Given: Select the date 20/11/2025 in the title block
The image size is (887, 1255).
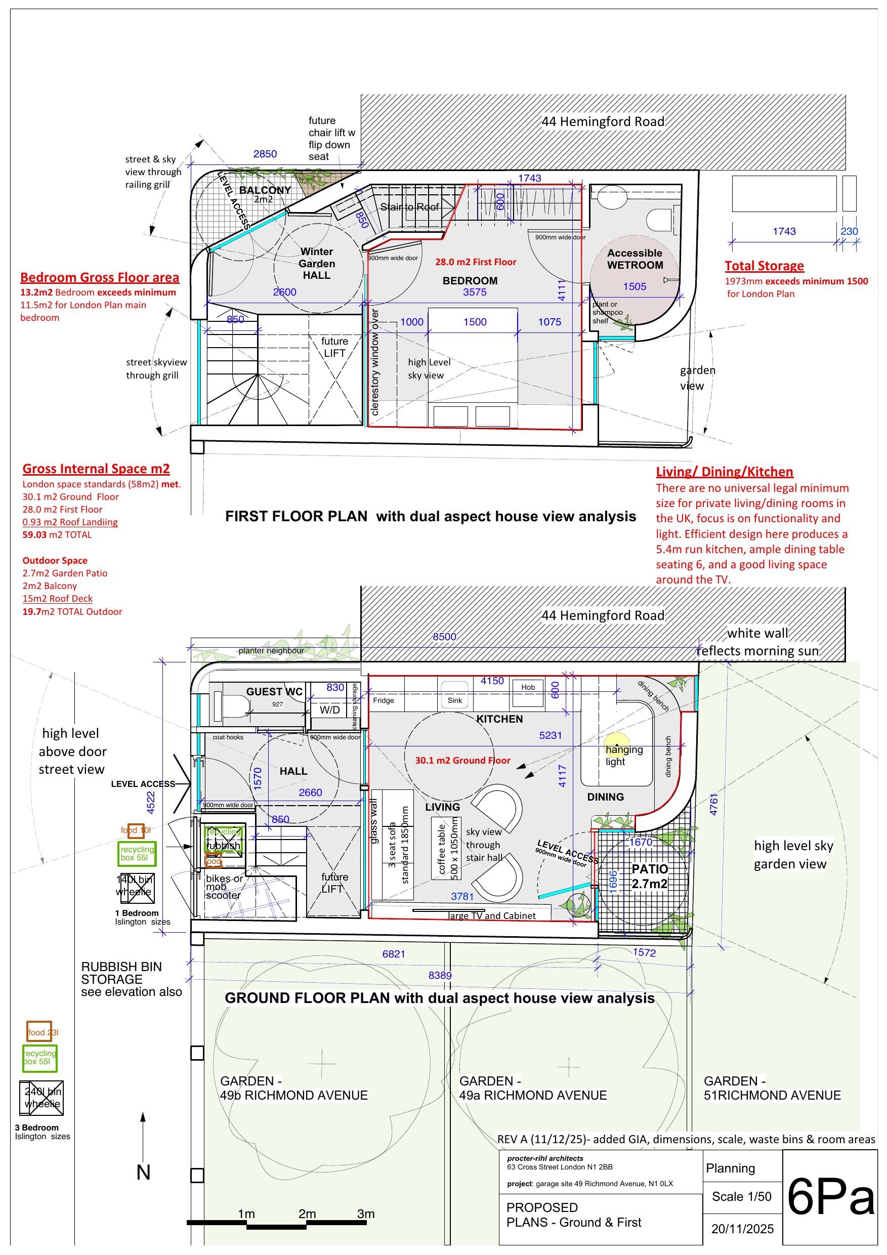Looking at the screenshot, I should point(742,1229).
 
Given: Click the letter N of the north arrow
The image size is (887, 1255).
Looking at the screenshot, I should point(143,1173).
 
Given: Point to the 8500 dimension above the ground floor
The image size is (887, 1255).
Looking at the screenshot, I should point(444,637).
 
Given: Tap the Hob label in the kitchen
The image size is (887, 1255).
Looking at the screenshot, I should point(528,687).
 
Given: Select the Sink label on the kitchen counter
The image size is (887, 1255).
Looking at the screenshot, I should point(455,700).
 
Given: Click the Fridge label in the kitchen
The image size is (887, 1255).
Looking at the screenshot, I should point(384,700).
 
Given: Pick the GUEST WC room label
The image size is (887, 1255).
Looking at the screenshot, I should point(274,691).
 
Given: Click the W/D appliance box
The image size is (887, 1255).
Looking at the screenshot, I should point(329,710).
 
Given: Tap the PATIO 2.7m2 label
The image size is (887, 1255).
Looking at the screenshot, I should point(649,876).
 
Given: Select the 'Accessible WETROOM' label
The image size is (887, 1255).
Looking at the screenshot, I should point(635,259).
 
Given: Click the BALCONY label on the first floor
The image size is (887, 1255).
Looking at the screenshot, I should point(265,190).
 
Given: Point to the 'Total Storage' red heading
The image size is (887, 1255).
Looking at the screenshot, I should point(764,266).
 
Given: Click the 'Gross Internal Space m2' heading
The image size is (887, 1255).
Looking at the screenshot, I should point(96,469).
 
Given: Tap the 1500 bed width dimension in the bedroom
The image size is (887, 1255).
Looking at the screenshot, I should point(475,322).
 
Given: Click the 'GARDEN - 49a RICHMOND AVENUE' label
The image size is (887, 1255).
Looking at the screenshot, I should point(533,1089).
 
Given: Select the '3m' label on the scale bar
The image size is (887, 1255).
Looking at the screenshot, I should point(366,1214).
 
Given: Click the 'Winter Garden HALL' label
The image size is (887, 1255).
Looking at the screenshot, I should point(316,264).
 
